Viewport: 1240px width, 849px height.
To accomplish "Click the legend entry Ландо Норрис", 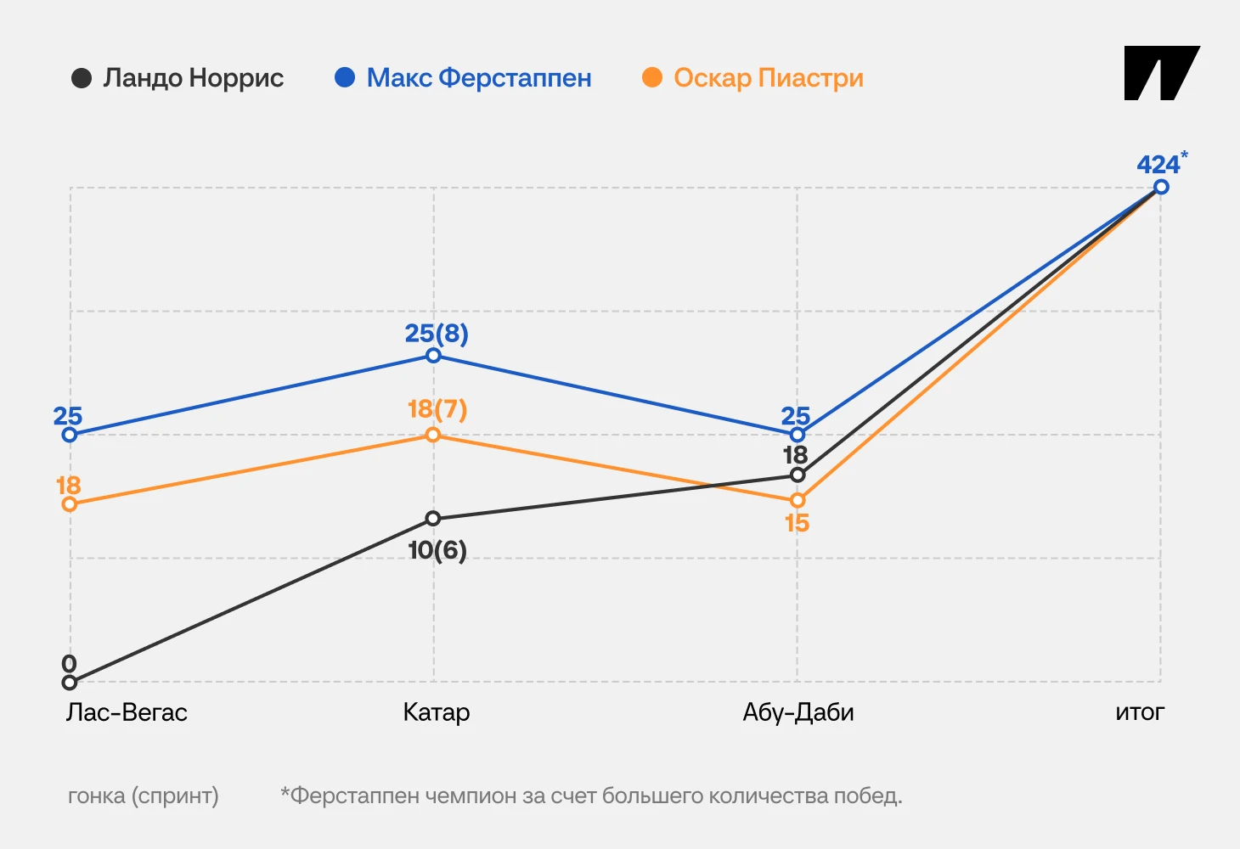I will click(x=178, y=78).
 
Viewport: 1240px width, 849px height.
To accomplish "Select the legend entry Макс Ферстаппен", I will click(x=464, y=78).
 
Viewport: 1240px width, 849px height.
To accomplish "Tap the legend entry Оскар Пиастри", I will click(x=753, y=78).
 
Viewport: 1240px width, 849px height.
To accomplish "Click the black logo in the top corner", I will click(x=1160, y=73).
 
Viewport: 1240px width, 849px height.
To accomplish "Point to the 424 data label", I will click(x=1158, y=165).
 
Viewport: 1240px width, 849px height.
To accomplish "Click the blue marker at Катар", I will click(x=433, y=355).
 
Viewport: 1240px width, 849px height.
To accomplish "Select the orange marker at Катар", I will click(x=433, y=435).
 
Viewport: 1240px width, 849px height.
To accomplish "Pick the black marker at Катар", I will click(x=433, y=519).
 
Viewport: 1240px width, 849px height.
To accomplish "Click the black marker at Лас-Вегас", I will click(x=70, y=683).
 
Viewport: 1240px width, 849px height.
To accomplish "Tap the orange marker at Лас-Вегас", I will click(x=70, y=504).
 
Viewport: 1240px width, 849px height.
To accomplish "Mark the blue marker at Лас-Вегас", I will click(x=70, y=435).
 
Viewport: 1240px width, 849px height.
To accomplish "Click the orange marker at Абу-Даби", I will click(x=798, y=500).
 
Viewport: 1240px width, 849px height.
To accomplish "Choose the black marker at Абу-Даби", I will click(x=798, y=475).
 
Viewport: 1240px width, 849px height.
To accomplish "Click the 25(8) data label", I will click(x=437, y=334).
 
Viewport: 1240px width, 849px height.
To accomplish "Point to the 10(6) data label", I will click(x=437, y=550).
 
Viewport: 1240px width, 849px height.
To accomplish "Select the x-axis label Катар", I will click(x=437, y=712).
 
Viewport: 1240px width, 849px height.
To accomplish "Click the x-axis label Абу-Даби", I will click(x=798, y=712).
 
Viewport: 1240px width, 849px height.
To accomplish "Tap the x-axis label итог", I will click(x=1140, y=712).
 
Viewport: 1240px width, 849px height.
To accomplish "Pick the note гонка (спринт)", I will click(x=143, y=796).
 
